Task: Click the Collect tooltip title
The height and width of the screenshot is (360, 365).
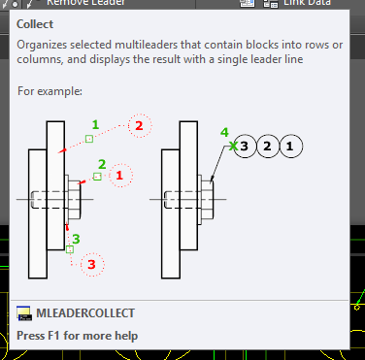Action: tap(35, 24)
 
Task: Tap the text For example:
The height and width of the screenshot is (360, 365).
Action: tap(50, 91)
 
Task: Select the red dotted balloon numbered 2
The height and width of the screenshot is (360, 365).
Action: tap(140, 125)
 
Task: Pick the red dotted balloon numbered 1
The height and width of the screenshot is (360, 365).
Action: tap(120, 176)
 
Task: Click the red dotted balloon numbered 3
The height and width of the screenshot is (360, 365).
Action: tap(92, 264)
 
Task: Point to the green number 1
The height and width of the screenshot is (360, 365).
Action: tap(95, 124)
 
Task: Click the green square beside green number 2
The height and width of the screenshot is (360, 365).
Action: tap(97, 177)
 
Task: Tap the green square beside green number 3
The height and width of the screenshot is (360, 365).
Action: tap(70, 249)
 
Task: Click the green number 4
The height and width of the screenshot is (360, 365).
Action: tap(224, 132)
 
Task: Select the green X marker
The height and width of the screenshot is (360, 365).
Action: tap(233, 147)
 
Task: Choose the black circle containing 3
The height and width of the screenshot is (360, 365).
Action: tap(245, 147)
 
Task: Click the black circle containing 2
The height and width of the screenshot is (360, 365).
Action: tap(268, 147)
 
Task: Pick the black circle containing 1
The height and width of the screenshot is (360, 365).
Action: tap(290, 147)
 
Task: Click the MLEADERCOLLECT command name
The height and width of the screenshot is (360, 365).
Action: tap(85, 313)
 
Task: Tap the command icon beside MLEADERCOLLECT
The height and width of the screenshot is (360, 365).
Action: tap(24, 313)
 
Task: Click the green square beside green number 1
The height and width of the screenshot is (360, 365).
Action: tap(89, 139)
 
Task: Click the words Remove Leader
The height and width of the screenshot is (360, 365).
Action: tap(85, 3)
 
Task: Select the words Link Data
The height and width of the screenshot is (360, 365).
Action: tap(307, 3)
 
